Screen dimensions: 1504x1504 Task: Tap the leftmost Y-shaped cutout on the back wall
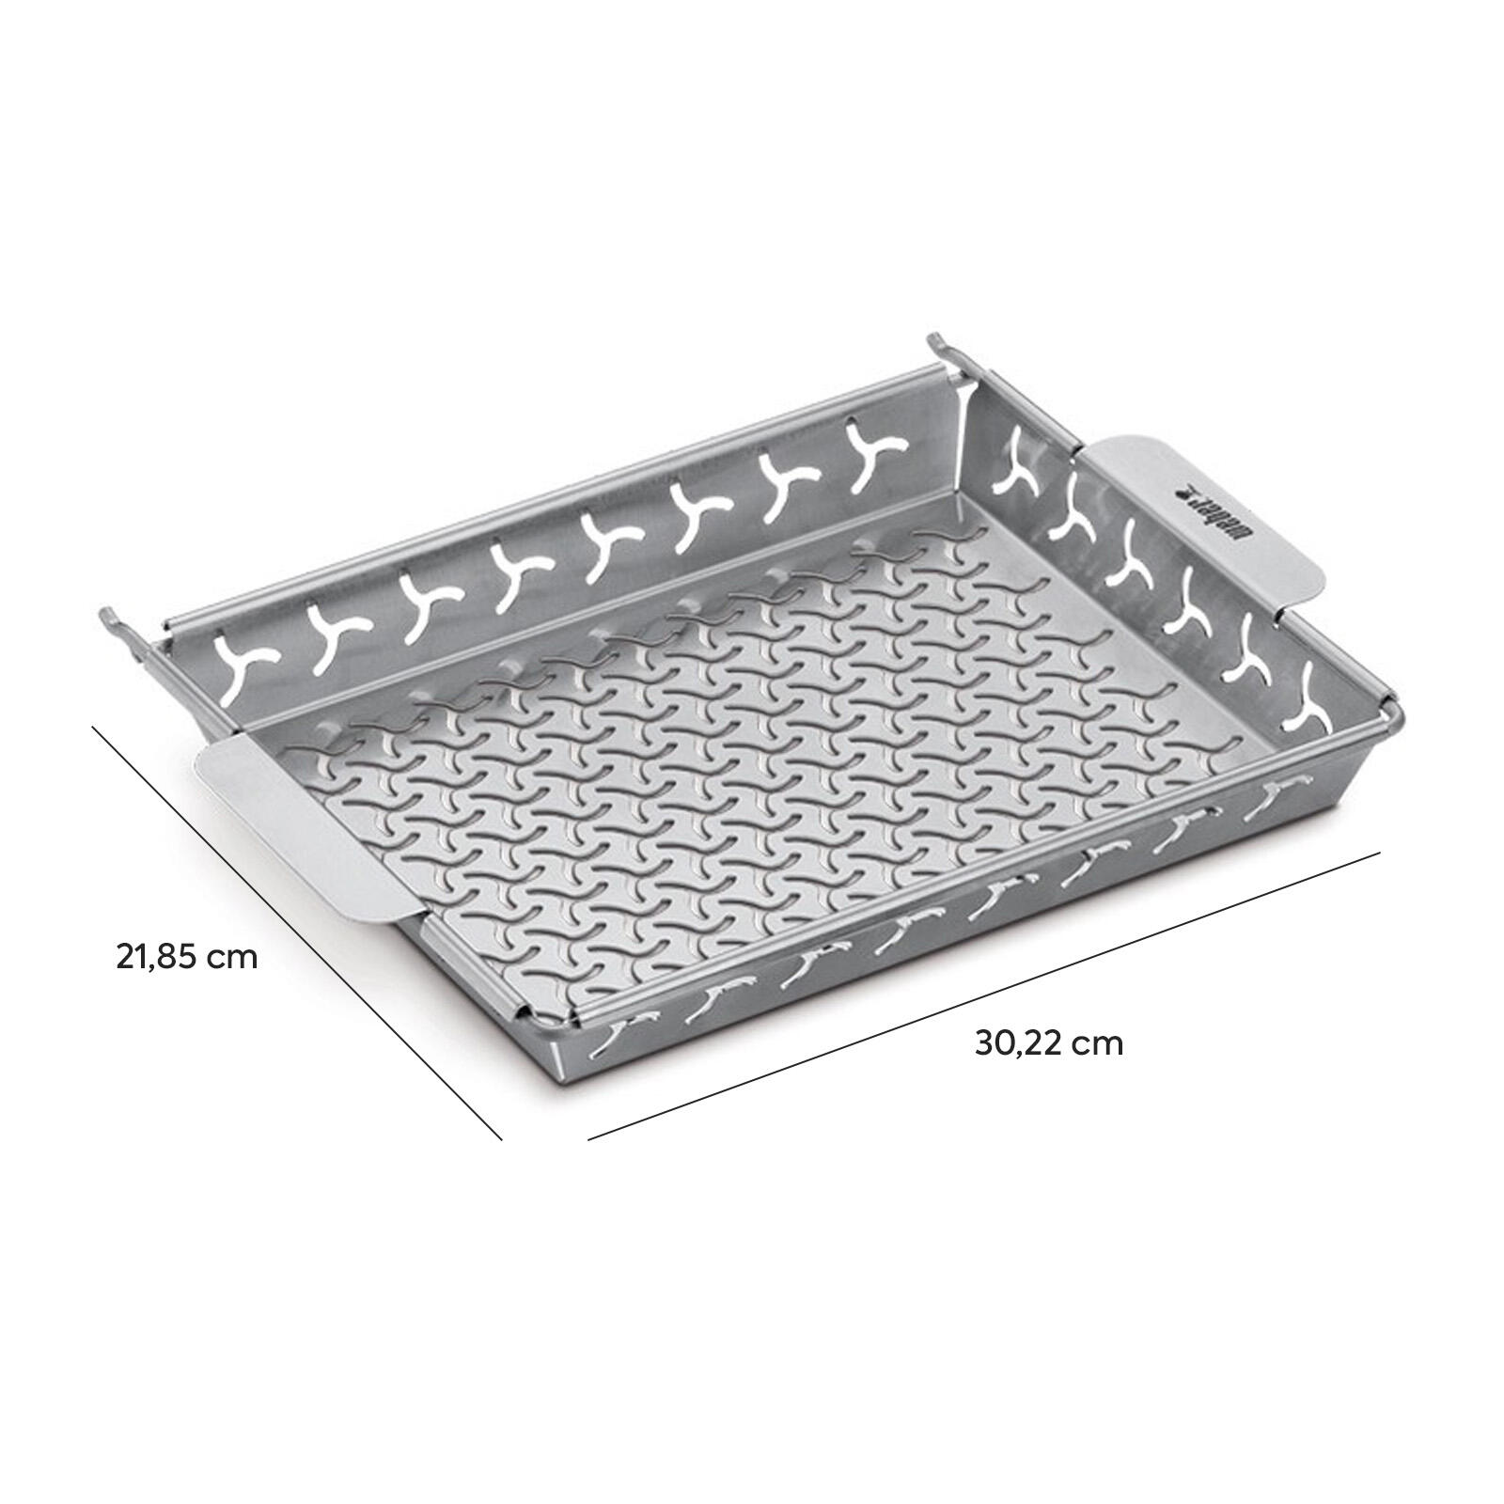point(242,652)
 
